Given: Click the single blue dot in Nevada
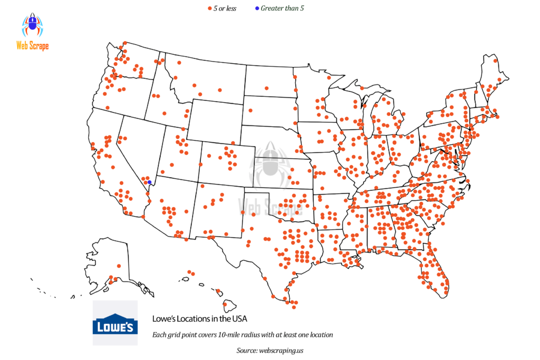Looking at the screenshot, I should tap(150, 182).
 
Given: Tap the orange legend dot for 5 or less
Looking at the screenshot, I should tap(209, 8).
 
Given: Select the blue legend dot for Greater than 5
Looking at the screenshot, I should tap(257, 8).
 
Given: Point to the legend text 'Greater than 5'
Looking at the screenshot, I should tap(283, 8).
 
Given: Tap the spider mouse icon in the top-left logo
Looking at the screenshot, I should tap(32, 25).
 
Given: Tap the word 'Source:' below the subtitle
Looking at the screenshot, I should tap(247, 350).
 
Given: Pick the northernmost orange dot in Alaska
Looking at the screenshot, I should tap(119, 266).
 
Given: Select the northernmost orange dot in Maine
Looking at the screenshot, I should tap(495, 61).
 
